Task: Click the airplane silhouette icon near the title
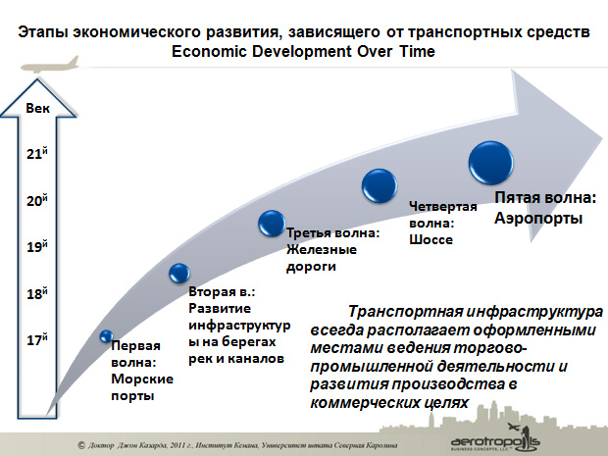pyautogui.click(x=49, y=65)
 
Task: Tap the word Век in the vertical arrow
pyautogui.click(x=37, y=108)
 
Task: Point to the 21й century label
pyautogui.click(x=37, y=153)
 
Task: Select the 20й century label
pyautogui.click(x=37, y=200)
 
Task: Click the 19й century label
pyautogui.click(x=37, y=246)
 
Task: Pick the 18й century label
pyautogui.click(x=37, y=293)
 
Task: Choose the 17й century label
pyautogui.click(x=37, y=339)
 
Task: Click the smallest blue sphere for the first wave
pyautogui.click(x=106, y=336)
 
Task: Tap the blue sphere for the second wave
pyautogui.click(x=179, y=273)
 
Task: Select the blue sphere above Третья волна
pyautogui.click(x=272, y=224)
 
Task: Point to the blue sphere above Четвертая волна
pyautogui.click(x=380, y=185)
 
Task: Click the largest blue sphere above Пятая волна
pyautogui.click(x=491, y=163)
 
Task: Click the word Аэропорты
pyautogui.click(x=538, y=218)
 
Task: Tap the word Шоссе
pyautogui.click(x=431, y=239)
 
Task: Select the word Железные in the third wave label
pyautogui.click(x=322, y=249)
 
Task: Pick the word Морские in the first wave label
pyautogui.click(x=142, y=379)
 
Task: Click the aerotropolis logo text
pyautogui.click(x=495, y=441)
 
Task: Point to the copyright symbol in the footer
pyautogui.click(x=81, y=445)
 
